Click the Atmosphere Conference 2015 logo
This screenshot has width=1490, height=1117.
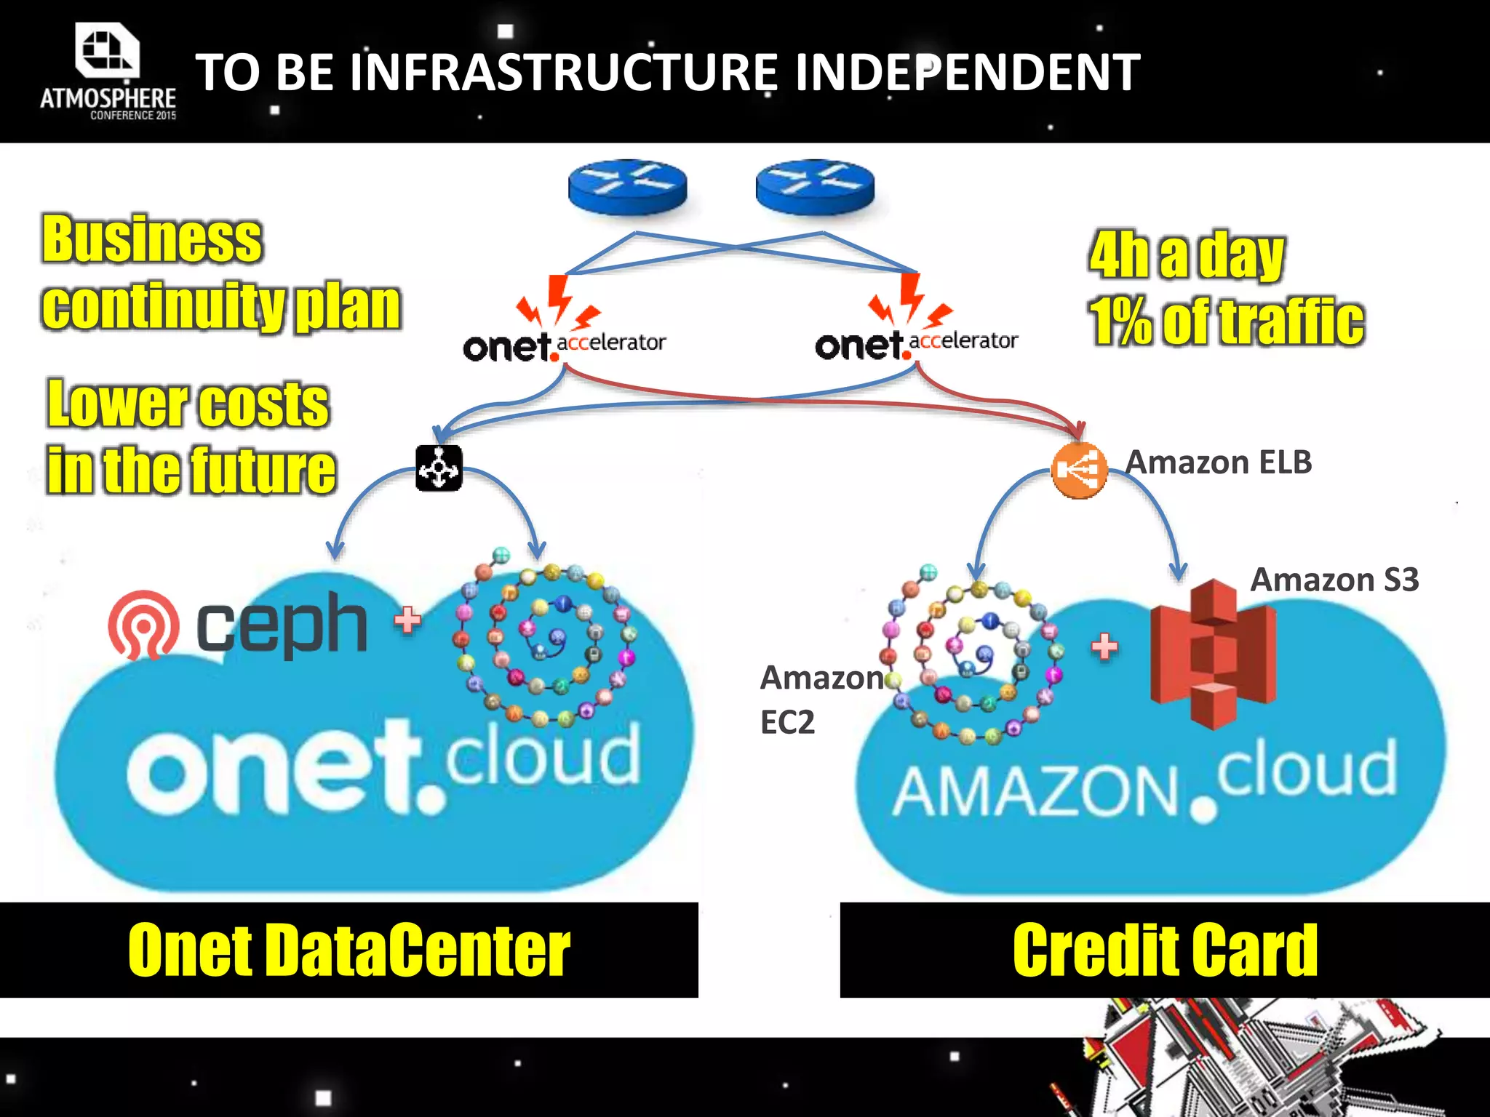pyautogui.click(x=108, y=71)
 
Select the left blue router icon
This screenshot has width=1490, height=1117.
pyautogui.click(x=627, y=186)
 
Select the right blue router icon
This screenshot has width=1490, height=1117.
pyautogui.click(x=815, y=186)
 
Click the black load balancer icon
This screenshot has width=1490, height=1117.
pyautogui.click(x=439, y=468)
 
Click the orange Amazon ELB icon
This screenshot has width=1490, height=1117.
pyautogui.click(x=1079, y=470)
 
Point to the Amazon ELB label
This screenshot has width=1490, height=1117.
pyautogui.click(x=1219, y=463)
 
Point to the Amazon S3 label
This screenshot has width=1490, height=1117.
pyautogui.click(x=1334, y=580)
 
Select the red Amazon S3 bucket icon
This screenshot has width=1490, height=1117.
pyautogui.click(x=1213, y=653)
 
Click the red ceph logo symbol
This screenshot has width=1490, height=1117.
pyautogui.click(x=143, y=624)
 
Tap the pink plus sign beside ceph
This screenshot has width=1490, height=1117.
pyautogui.click(x=407, y=620)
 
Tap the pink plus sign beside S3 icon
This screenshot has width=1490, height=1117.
pyautogui.click(x=1104, y=646)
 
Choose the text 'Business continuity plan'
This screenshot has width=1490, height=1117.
pyautogui.click(x=220, y=273)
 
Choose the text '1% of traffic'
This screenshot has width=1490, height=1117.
pyautogui.click(x=1227, y=321)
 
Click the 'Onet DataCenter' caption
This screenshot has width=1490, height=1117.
pyautogui.click(x=348, y=950)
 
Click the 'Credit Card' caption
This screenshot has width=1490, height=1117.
pyautogui.click(x=1165, y=950)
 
